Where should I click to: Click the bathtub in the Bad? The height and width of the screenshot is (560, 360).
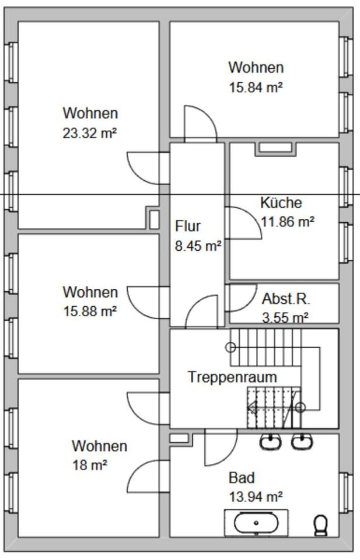tap(256, 523)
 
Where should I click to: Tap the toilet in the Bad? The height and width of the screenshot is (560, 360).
tap(321, 524)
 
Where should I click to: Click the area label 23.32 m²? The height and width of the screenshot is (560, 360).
tap(90, 133)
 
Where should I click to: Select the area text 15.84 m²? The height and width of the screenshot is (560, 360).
tap(256, 87)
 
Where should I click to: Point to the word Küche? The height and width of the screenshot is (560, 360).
tap(281, 203)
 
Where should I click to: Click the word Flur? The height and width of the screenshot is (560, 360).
tap(188, 226)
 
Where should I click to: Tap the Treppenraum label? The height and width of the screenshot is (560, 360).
tap(232, 377)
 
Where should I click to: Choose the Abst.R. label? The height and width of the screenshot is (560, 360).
tap(286, 299)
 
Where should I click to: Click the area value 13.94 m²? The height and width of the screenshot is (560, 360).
tap(256, 496)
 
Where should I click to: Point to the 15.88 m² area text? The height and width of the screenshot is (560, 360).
tap(90, 311)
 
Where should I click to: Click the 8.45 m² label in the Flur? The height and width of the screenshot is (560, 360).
tap(198, 246)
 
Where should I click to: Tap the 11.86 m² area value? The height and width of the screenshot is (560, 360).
tap(287, 222)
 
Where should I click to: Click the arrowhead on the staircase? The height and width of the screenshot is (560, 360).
tap(253, 408)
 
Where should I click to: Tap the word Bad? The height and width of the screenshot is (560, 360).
tap(242, 478)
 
